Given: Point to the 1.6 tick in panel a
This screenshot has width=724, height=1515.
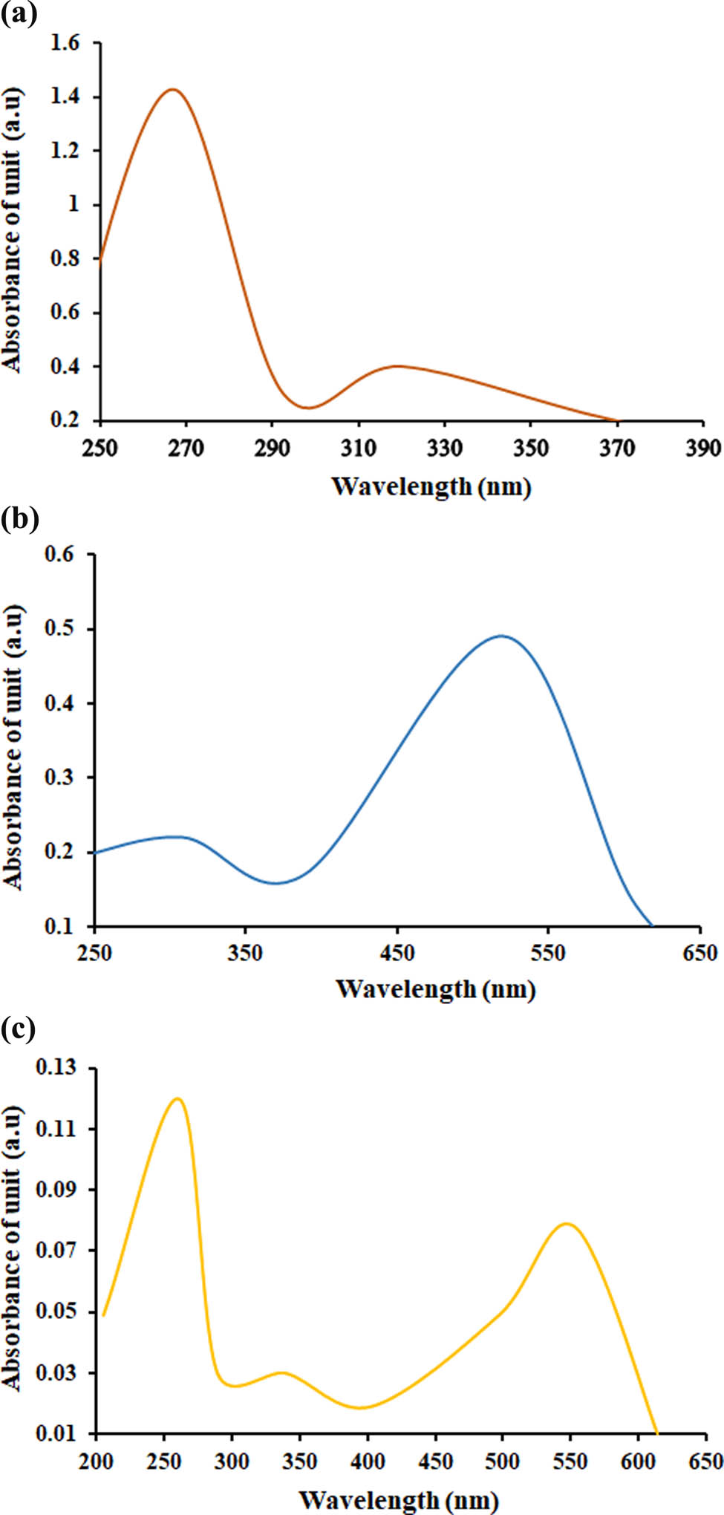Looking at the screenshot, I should pyautogui.click(x=65, y=43).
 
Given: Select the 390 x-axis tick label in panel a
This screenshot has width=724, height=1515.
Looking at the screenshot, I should pyautogui.click(x=702, y=448).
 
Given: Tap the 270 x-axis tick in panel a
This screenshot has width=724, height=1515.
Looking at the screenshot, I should pyautogui.click(x=186, y=448).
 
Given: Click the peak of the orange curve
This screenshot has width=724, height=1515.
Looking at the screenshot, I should pyautogui.click(x=172, y=90).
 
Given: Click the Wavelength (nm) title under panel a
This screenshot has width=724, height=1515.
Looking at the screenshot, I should pyautogui.click(x=431, y=487).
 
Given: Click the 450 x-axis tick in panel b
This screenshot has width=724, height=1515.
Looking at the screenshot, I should pyautogui.click(x=397, y=953).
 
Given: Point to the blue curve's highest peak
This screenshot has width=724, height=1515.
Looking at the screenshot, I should pyautogui.click(x=502, y=636).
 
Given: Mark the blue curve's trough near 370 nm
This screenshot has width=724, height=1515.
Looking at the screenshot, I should pyautogui.click(x=275, y=883).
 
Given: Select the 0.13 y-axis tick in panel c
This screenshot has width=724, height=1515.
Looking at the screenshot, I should pyautogui.click(x=56, y=1068).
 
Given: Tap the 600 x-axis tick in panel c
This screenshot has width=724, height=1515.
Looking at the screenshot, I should pyautogui.click(x=637, y=1462).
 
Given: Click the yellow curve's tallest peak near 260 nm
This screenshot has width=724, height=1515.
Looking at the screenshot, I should pyautogui.click(x=177, y=1098).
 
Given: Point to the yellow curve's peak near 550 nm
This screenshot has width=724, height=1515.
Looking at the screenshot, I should pyautogui.click(x=567, y=1223).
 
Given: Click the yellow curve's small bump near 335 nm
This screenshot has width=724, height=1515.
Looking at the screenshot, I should pyautogui.click(x=281, y=1372).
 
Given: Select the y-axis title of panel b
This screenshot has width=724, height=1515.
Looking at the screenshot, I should pyautogui.click(x=13, y=746).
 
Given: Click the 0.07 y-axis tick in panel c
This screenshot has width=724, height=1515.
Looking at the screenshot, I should pyautogui.click(x=56, y=1251).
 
